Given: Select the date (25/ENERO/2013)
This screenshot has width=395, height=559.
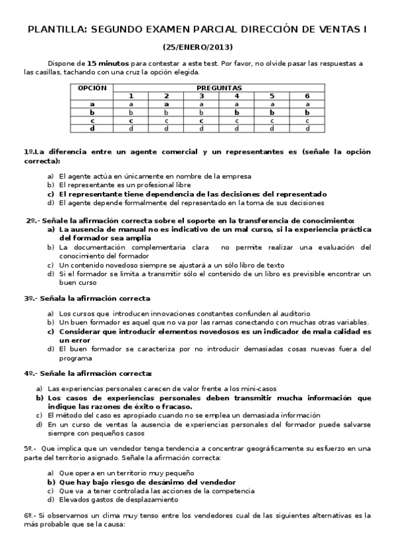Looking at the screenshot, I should click(197, 47).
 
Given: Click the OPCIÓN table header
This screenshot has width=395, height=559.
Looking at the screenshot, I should click(92, 88).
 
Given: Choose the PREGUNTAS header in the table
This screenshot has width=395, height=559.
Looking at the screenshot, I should click(219, 88).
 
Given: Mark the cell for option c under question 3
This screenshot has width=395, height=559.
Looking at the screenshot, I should click(201, 121).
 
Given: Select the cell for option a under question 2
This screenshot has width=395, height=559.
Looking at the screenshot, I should click(166, 104).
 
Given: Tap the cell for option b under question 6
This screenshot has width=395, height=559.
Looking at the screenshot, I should click(307, 112).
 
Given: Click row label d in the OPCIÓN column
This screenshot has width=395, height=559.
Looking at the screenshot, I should click(92, 129).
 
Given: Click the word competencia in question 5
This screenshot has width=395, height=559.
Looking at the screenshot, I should click(231, 491).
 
